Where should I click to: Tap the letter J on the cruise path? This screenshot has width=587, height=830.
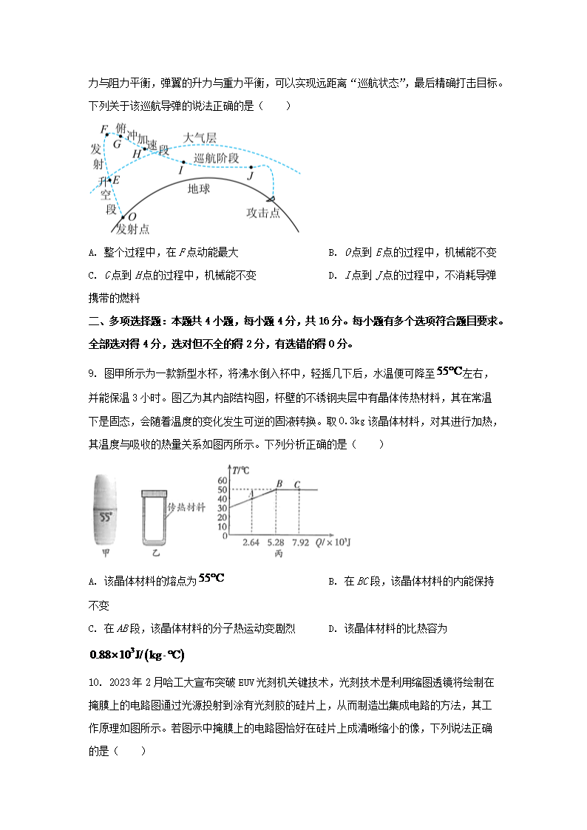pos(250,176)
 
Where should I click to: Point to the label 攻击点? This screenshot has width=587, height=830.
pos(262,213)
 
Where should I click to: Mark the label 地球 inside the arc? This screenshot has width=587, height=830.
pos(199,189)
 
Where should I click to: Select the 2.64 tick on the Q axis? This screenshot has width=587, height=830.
pos(251,543)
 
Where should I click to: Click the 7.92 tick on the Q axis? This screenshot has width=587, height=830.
pos(299,543)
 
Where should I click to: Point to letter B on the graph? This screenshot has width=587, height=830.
pos(279,484)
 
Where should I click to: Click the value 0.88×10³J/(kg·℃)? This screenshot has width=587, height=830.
pos(137,654)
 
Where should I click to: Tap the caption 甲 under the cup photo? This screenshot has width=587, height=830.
pos(106,553)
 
